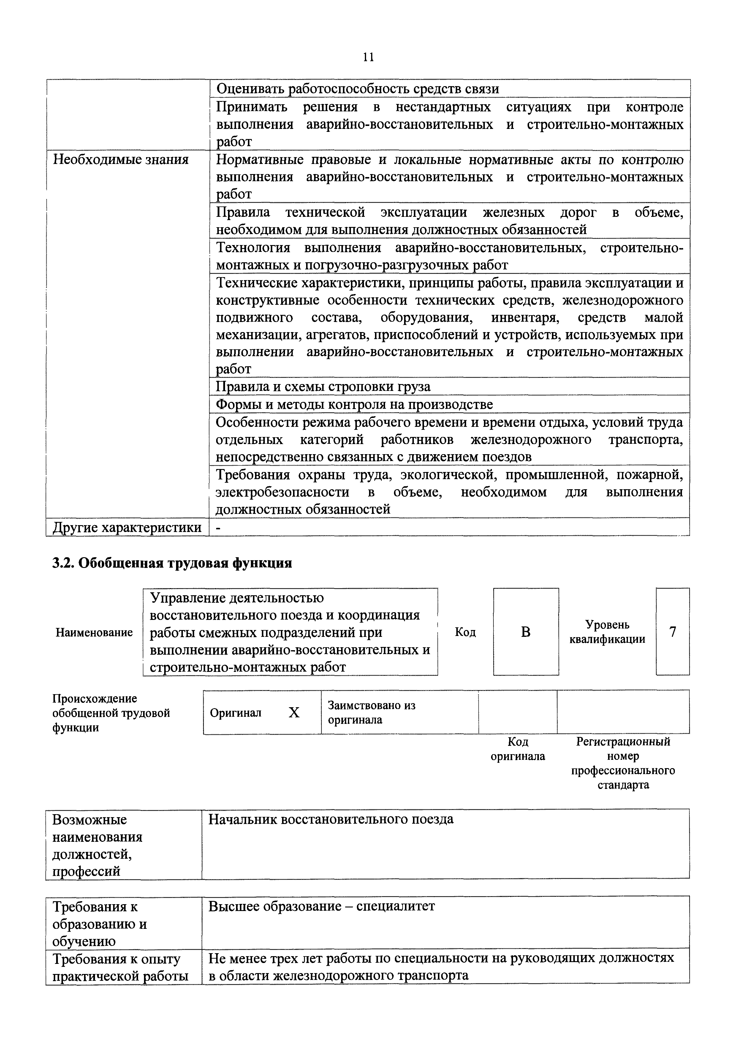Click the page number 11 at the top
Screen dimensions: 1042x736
coord(368,57)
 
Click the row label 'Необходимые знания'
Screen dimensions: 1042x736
coord(121,160)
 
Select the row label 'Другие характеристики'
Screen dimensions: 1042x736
coord(127,527)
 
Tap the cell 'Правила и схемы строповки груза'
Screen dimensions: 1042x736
coord(323,387)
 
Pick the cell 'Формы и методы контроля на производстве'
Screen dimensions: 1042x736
coord(354,404)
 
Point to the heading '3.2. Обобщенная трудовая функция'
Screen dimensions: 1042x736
coord(172,563)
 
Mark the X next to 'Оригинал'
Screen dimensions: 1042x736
coord(294,713)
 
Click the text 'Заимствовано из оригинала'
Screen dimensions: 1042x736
coord(371,713)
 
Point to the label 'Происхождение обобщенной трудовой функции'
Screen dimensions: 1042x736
coord(111,713)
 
